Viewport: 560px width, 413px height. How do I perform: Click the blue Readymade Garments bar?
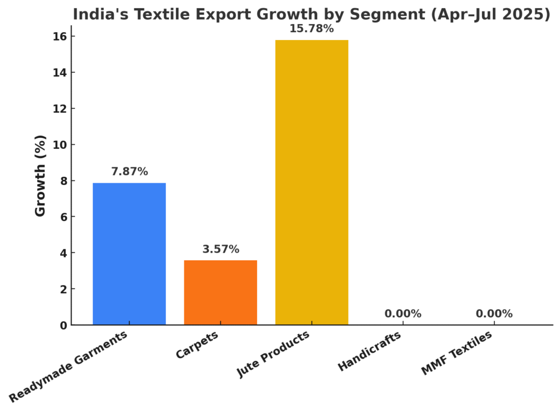[x=129, y=254]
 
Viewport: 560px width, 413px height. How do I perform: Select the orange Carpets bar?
[x=220, y=293]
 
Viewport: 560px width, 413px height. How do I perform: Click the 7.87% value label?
[x=129, y=172]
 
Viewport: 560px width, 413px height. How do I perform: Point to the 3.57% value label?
[x=220, y=249]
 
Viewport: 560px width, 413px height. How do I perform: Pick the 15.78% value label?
[x=312, y=29]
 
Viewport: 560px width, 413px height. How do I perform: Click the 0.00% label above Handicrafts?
[x=402, y=314]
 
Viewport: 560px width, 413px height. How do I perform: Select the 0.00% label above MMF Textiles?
[x=494, y=314]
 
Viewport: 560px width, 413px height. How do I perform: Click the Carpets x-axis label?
[x=197, y=345]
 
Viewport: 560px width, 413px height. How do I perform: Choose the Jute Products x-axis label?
[x=273, y=354]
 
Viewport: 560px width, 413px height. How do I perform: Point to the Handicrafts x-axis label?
[x=369, y=351]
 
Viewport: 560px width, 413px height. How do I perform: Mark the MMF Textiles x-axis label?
[x=457, y=353]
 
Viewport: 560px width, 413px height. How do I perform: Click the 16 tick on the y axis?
[x=60, y=37]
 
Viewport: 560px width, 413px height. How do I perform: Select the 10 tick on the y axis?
[x=60, y=145]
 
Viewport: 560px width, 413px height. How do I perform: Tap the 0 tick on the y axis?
[x=63, y=325]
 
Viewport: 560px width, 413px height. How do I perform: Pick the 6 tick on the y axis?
[x=63, y=217]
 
